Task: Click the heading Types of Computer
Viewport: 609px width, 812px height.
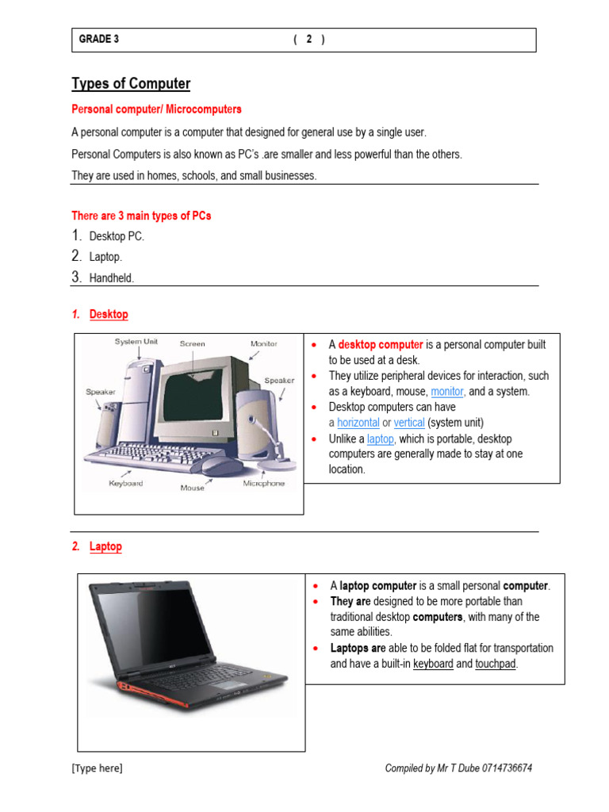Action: [131, 84]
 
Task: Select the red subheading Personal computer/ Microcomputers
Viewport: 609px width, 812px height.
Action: [156, 109]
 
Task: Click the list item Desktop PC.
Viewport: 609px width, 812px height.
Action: [117, 236]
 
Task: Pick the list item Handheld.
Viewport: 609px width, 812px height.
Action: [112, 278]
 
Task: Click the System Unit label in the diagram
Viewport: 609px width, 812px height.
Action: [136, 342]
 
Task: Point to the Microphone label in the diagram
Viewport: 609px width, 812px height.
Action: [263, 483]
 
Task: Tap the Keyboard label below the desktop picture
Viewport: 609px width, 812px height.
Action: [125, 483]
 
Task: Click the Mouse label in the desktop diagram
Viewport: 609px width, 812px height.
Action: [192, 488]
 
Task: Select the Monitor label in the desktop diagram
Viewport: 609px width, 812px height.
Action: [264, 343]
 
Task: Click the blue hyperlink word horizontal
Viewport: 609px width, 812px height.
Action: [358, 423]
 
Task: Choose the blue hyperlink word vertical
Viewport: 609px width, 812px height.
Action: [409, 423]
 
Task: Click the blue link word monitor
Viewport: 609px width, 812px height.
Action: [447, 392]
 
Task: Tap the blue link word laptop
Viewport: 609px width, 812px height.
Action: [380, 439]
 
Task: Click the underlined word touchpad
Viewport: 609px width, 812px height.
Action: [496, 664]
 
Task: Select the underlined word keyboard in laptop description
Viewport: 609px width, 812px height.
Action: [433, 664]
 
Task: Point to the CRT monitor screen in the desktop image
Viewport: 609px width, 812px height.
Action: [195, 397]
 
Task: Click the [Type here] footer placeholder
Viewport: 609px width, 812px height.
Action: [97, 768]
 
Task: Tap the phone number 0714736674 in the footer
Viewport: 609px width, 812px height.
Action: [501, 768]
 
